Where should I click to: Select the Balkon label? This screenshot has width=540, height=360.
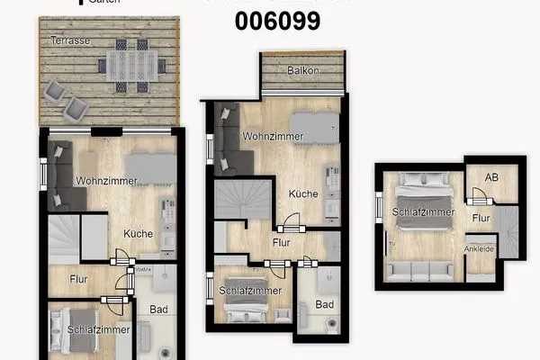[302, 70]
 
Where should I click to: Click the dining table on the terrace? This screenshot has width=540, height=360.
[133, 64]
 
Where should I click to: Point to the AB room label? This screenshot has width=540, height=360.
[492, 178]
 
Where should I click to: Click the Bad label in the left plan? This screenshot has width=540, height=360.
[158, 310]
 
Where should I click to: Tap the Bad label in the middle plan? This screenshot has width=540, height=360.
[324, 304]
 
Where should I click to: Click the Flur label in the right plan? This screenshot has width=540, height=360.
[481, 218]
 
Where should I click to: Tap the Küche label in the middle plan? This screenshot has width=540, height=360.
[303, 193]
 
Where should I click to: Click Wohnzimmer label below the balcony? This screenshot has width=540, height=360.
[273, 137]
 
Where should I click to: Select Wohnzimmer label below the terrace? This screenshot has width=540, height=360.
[106, 181]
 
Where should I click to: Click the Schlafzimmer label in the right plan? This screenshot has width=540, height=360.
[423, 211]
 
